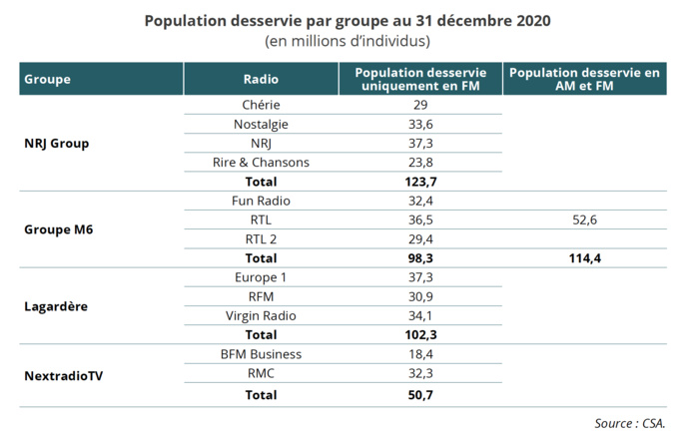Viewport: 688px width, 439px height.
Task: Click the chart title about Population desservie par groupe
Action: click(x=346, y=21)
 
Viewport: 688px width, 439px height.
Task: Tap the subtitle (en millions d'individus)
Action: click(x=346, y=41)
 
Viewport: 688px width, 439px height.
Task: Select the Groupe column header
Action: click(x=47, y=79)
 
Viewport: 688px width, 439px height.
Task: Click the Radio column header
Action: click(x=261, y=79)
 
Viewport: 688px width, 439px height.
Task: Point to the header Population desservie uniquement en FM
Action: click(x=420, y=79)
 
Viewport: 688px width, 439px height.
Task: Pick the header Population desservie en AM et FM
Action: click(x=584, y=79)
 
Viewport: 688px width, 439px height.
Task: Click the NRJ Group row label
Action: click(x=56, y=144)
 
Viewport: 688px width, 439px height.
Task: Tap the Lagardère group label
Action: click(x=56, y=306)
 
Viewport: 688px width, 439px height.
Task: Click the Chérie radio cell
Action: click(x=261, y=105)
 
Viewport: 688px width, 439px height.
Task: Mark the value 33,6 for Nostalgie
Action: click(x=420, y=125)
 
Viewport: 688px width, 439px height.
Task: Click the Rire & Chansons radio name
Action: click(x=261, y=163)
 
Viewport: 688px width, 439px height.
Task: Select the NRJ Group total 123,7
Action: click(x=420, y=182)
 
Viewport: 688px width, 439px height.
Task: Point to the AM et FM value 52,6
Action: click(x=584, y=220)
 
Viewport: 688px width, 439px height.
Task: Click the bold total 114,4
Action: click(x=584, y=258)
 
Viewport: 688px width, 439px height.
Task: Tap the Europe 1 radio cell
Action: click(x=261, y=277)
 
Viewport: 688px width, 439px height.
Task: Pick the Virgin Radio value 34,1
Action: click(x=420, y=316)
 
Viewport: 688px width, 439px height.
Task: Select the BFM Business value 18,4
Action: click(x=420, y=354)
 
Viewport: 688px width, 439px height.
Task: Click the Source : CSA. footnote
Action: click(x=630, y=422)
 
